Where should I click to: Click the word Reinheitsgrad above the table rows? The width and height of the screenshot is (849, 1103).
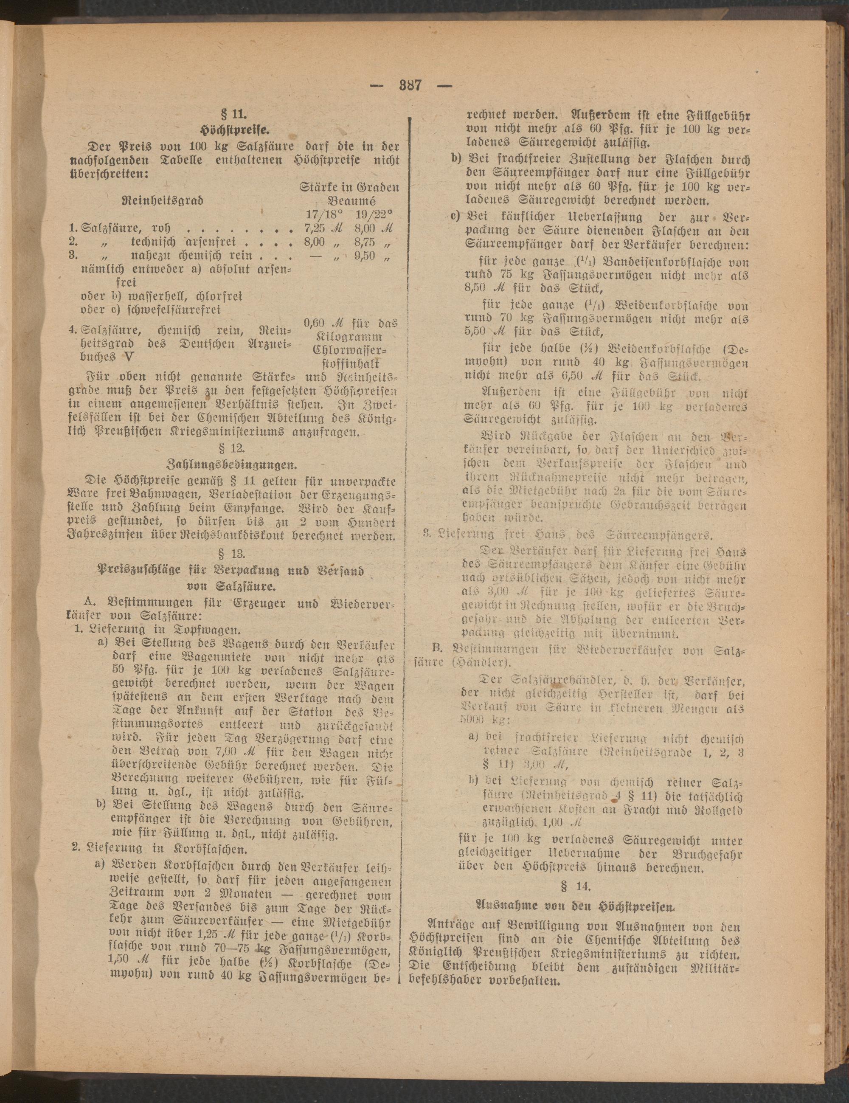point(163,200)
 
